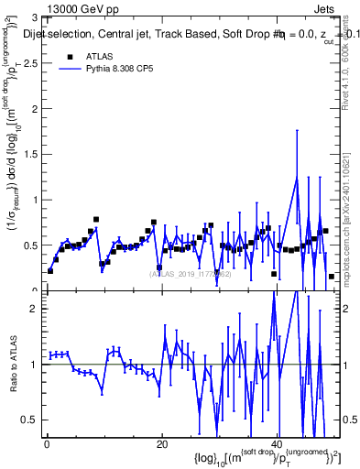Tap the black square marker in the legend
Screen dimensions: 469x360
pyautogui.click(x=69, y=57)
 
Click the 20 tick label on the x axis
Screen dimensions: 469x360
pyautogui.click(x=162, y=445)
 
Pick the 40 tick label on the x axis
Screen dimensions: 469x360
pyautogui.click(x=278, y=445)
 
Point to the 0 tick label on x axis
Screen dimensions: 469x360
pyautogui.click(x=46, y=445)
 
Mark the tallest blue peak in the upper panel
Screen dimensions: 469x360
pyautogui.click(x=296, y=178)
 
